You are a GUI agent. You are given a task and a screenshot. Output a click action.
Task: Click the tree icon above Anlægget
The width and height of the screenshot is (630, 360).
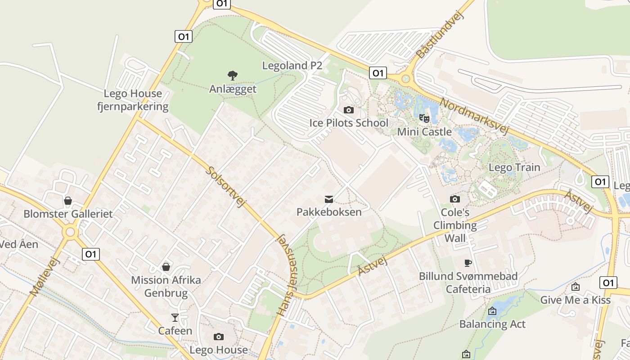tap(232, 75)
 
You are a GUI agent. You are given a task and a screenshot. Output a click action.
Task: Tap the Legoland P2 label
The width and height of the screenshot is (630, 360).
tap(292, 66)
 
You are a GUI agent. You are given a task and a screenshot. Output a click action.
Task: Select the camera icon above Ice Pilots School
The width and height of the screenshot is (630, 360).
tap(348, 110)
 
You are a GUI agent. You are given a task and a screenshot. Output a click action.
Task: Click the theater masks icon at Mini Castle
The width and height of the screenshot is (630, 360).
tap(424, 118)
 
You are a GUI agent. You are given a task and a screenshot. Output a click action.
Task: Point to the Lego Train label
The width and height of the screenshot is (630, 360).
tap(514, 167)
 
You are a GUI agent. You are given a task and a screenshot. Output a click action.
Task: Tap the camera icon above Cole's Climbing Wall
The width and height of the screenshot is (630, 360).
tap(455, 199)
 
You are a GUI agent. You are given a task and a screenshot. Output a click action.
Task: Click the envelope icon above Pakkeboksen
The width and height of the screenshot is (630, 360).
tap(329, 199)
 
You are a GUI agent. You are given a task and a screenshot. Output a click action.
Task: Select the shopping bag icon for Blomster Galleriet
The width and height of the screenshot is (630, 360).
tap(68, 201)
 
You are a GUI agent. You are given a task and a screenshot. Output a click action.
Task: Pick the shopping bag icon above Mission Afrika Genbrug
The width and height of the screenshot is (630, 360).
tap(166, 267)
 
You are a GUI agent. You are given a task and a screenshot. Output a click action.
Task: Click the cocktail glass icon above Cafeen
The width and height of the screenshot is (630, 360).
tap(175, 318)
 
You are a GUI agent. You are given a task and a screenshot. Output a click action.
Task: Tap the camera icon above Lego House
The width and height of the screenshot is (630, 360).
tap(219, 337)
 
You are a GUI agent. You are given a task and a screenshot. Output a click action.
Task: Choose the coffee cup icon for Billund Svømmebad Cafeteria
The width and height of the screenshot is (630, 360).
tap(468, 263)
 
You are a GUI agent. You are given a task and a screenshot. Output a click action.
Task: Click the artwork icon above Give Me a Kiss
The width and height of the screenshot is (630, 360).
tap(575, 287)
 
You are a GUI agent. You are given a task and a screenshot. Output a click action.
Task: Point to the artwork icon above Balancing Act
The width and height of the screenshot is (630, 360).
tap(492, 310)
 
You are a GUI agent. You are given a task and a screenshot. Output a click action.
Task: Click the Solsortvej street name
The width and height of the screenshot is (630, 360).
tap(226, 187)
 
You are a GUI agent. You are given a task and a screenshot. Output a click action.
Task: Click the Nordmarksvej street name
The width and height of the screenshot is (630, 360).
tap(474, 117)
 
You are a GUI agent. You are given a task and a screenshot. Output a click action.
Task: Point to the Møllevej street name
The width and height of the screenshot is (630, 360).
tap(45, 276)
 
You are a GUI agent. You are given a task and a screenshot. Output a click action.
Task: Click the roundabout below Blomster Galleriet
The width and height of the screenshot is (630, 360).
tap(70, 232)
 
